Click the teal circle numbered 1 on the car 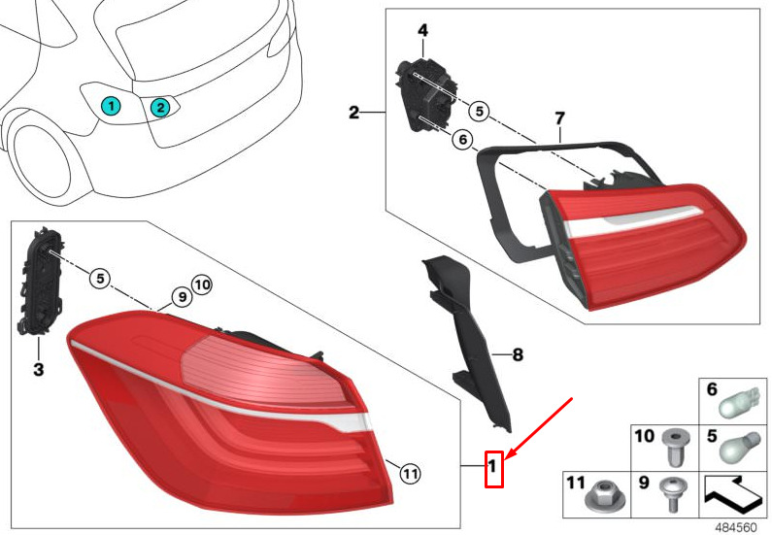pos(112,106)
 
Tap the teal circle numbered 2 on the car pos(160,108)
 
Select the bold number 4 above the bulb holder pos(423,30)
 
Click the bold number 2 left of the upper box pos(354,113)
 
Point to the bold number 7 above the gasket pos(559,118)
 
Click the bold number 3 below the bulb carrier pos(39,370)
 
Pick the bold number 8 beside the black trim pos(518,354)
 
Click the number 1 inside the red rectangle pos(492,466)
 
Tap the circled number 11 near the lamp pos(410,474)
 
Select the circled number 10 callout pos(202,284)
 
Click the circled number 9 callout pos(183,297)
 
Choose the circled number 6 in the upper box pos(462,140)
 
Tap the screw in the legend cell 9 pos(671,493)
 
